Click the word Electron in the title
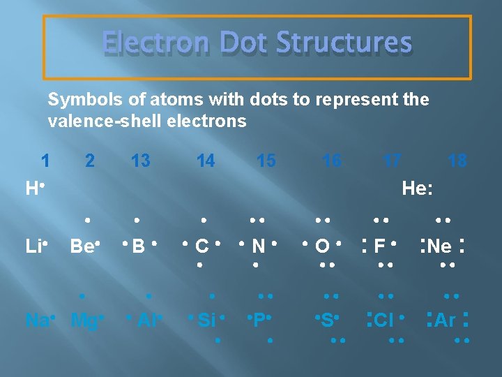coord(149,43)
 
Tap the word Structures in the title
coord(344,43)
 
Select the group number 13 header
coord(140,161)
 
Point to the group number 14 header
coord(206,161)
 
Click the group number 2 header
coord(89,161)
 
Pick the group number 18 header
coord(457,161)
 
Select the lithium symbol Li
coord(32,246)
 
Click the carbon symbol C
coord(202,246)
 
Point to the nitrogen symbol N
coord(258,246)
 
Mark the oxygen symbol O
coord(322,246)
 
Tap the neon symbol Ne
coord(439,246)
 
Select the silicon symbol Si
coord(206,320)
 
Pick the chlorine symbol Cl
coord(384,320)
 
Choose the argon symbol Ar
coord(445,320)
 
